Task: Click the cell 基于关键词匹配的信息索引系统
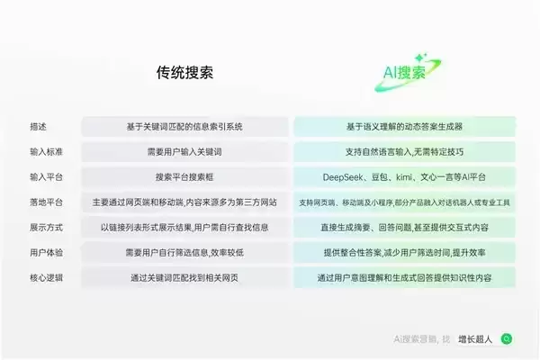click(x=184, y=126)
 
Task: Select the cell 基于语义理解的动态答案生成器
click(x=404, y=126)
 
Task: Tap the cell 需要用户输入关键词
click(x=184, y=151)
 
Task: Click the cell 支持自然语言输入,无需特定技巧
click(x=404, y=151)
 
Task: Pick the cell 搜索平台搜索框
click(x=184, y=176)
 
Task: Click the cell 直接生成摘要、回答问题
click(x=404, y=227)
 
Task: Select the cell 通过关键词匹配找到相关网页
click(x=184, y=277)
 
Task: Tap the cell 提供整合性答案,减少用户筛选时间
click(x=404, y=252)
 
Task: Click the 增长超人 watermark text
click(x=475, y=339)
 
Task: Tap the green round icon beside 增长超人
click(x=508, y=339)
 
